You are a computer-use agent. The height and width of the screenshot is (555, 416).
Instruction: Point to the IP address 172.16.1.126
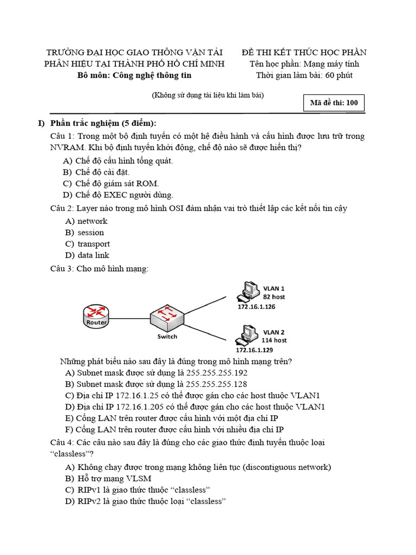point(257,307)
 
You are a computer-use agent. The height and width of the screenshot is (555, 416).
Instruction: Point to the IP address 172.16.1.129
point(255,350)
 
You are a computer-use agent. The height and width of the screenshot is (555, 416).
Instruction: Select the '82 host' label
point(274,297)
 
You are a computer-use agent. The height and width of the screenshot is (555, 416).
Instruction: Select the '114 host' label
point(274,340)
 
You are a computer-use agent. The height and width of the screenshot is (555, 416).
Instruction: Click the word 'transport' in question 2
point(93,244)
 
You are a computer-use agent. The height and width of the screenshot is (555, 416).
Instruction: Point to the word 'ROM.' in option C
point(148,183)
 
